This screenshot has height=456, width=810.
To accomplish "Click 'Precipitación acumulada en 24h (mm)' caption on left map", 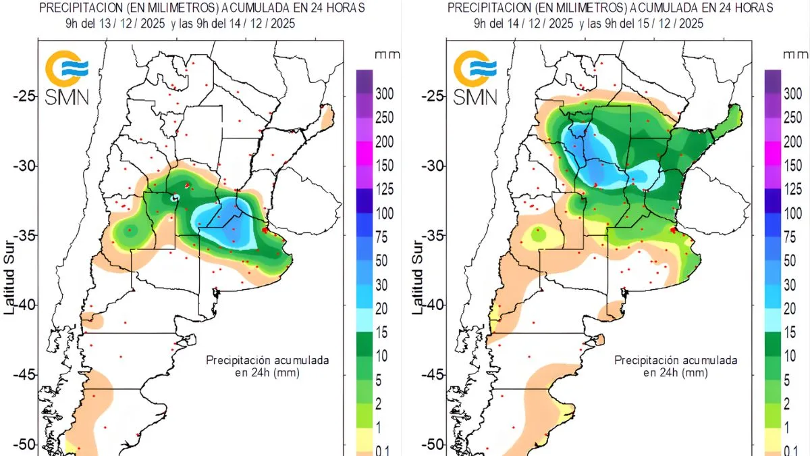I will click(267, 366).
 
